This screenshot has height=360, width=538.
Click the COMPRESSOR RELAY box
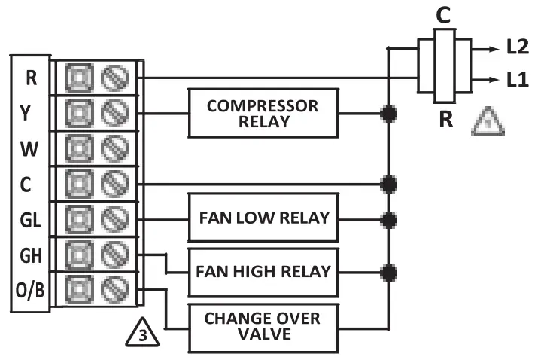[263, 114]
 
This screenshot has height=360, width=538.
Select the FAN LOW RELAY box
[263, 218]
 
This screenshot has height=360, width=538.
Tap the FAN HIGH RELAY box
[263, 273]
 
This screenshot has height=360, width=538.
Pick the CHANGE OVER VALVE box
[263, 328]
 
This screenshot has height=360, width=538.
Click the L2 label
[518, 47]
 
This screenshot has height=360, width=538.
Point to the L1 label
[518, 79]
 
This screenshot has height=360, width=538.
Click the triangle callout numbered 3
[142, 333]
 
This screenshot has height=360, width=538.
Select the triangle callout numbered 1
[488, 121]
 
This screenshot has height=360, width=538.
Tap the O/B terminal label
[30, 290]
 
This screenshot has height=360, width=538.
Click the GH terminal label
[31, 255]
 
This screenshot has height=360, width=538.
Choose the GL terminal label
[30, 220]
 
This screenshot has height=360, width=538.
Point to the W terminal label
[29, 149]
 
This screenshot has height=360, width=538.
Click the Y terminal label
[26, 113]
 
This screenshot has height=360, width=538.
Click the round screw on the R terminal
[114, 78]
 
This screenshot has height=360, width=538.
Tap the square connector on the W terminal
[79, 148]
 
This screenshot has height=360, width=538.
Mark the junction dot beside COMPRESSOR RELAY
[388, 114]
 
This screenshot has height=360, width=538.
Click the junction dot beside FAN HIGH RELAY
[388, 273]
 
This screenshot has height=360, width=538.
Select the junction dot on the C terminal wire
[388, 185]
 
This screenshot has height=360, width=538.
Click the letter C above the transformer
[443, 16]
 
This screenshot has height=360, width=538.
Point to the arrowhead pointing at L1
[494, 80]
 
